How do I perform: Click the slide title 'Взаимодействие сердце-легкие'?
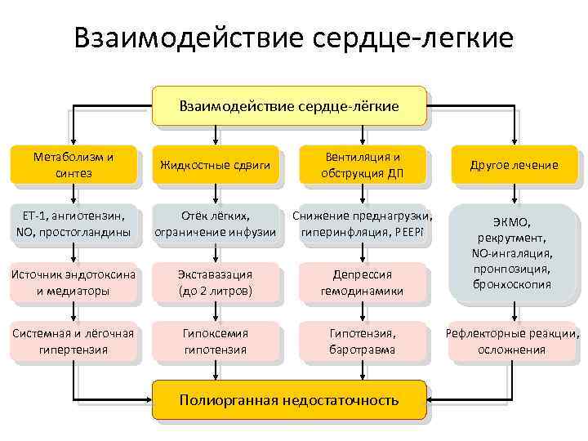(x=293, y=38)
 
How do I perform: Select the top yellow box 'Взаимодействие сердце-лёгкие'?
(x=289, y=106)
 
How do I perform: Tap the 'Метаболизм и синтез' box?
(x=74, y=164)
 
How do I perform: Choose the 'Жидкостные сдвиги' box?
(x=216, y=165)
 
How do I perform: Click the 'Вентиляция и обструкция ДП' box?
(x=362, y=164)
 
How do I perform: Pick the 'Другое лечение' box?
(x=514, y=165)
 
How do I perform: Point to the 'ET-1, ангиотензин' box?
(x=74, y=224)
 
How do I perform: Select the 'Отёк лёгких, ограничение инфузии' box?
(x=216, y=224)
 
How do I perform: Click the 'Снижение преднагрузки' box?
(x=362, y=224)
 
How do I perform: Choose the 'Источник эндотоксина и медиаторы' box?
(x=74, y=282)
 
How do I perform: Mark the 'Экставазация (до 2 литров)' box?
(x=216, y=282)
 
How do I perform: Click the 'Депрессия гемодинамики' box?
(x=362, y=282)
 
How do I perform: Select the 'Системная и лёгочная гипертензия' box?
(x=74, y=341)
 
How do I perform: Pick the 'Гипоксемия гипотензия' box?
(x=216, y=341)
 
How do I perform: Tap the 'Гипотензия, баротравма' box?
(x=362, y=341)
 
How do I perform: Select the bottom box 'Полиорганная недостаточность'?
(x=289, y=400)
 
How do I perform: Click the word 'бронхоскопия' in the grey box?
(x=511, y=284)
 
